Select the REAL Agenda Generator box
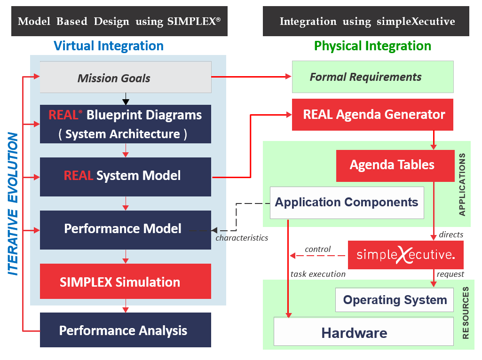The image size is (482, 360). coord(372,115)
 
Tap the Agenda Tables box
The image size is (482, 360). coord(392,165)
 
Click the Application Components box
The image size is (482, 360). coord(347,203)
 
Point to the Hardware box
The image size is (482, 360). coord(354,333)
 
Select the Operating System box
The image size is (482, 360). coord(395,300)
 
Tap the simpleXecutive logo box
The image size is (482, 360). coord(405,255)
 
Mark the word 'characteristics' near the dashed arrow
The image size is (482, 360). coord(242,238)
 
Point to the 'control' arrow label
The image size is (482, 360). coord(318,249)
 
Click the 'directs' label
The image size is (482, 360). coord(451,234)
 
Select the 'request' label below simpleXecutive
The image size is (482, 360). coord(450,274)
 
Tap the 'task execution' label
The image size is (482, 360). coord(318,274)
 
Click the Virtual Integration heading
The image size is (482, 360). coord(109,46)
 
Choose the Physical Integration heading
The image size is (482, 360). coord(372,46)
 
